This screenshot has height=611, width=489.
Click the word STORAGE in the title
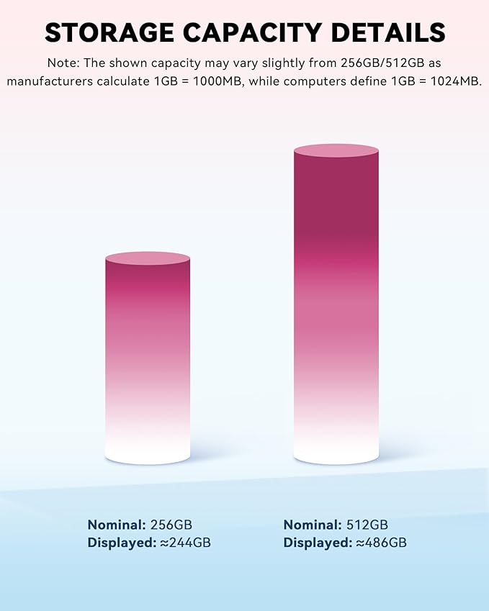[109, 32]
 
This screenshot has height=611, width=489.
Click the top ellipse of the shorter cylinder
[148, 258]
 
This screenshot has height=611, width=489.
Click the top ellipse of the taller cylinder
[336, 150]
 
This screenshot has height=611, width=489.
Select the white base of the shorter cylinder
[148, 450]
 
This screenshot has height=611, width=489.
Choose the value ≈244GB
[185, 543]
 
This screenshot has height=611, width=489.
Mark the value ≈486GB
[381, 543]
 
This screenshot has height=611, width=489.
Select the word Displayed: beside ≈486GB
[318, 543]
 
